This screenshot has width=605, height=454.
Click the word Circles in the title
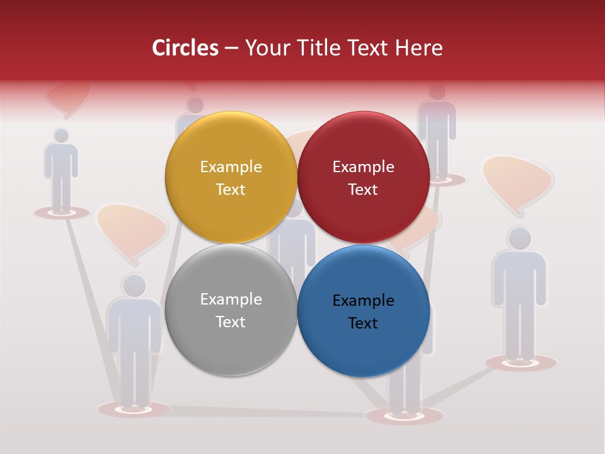click(x=185, y=48)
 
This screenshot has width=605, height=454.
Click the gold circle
click(x=231, y=177)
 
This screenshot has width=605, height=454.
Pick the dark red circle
click(x=363, y=177)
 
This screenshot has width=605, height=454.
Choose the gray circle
click(x=231, y=310)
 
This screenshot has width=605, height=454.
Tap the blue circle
click(x=363, y=311)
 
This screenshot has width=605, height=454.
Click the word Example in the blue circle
click(x=363, y=300)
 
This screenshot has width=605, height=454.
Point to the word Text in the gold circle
click(x=231, y=189)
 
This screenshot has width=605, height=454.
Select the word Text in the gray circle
click(x=231, y=322)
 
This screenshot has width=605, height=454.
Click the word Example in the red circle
click(x=363, y=166)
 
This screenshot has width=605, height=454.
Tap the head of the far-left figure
click(x=61, y=136)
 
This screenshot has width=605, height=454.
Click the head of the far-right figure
click(x=519, y=238)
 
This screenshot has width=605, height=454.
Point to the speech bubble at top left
click(x=68, y=96)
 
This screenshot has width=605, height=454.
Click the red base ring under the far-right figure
click(x=521, y=363)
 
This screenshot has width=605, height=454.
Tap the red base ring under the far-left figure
click(x=62, y=213)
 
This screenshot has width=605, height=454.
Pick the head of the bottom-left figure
click(x=134, y=285)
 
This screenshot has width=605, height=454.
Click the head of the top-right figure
click(x=436, y=93)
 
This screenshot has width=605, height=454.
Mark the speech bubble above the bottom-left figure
click(x=132, y=228)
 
